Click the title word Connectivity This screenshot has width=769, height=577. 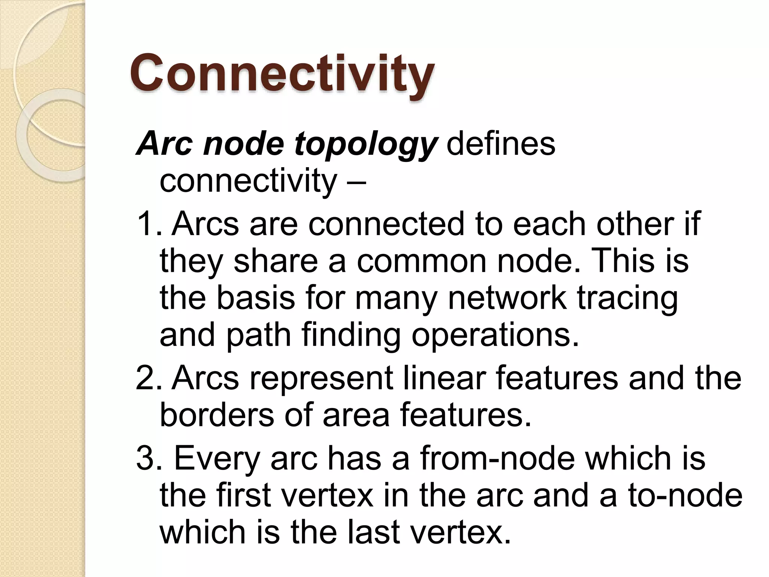(282, 74)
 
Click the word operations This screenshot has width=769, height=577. (495, 336)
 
